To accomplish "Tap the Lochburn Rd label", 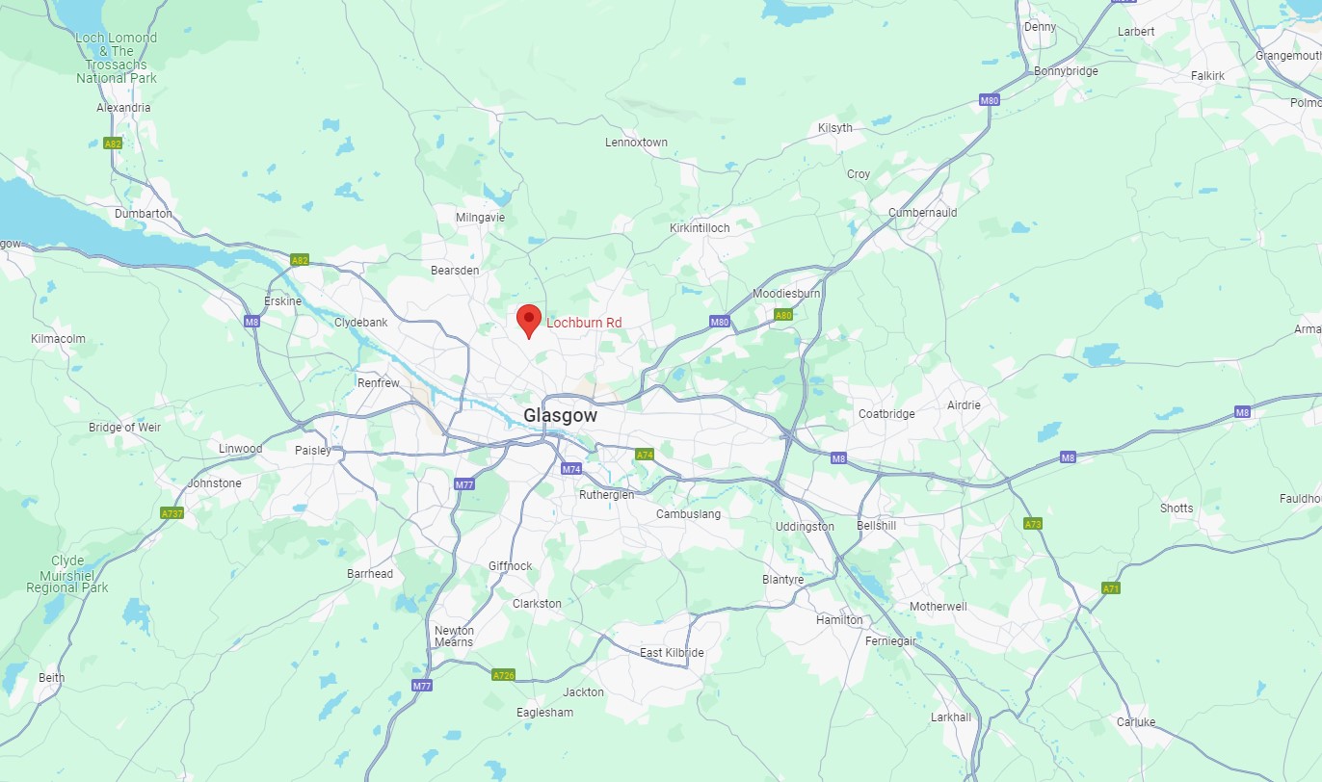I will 584,322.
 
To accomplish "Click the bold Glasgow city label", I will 560,416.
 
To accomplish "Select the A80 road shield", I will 783,315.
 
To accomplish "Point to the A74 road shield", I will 645,455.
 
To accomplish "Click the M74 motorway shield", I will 571,469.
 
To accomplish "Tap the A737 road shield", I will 172,513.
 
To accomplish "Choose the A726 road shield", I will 503,675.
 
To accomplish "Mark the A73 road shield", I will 1033,523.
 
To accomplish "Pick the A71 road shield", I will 1111,587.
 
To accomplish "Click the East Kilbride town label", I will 672,653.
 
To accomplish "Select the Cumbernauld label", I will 923,212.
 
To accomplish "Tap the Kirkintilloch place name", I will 700,227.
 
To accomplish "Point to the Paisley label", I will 313,450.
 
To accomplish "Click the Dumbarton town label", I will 144,213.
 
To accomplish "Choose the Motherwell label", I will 939,607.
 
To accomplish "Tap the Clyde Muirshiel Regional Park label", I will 67,574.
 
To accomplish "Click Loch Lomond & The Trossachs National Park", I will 116,58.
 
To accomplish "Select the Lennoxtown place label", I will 636,143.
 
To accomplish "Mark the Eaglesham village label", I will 544,713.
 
